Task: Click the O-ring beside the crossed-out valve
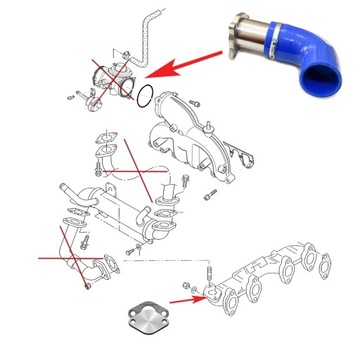tap(145, 97)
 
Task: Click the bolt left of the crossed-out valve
tap(70, 94)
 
